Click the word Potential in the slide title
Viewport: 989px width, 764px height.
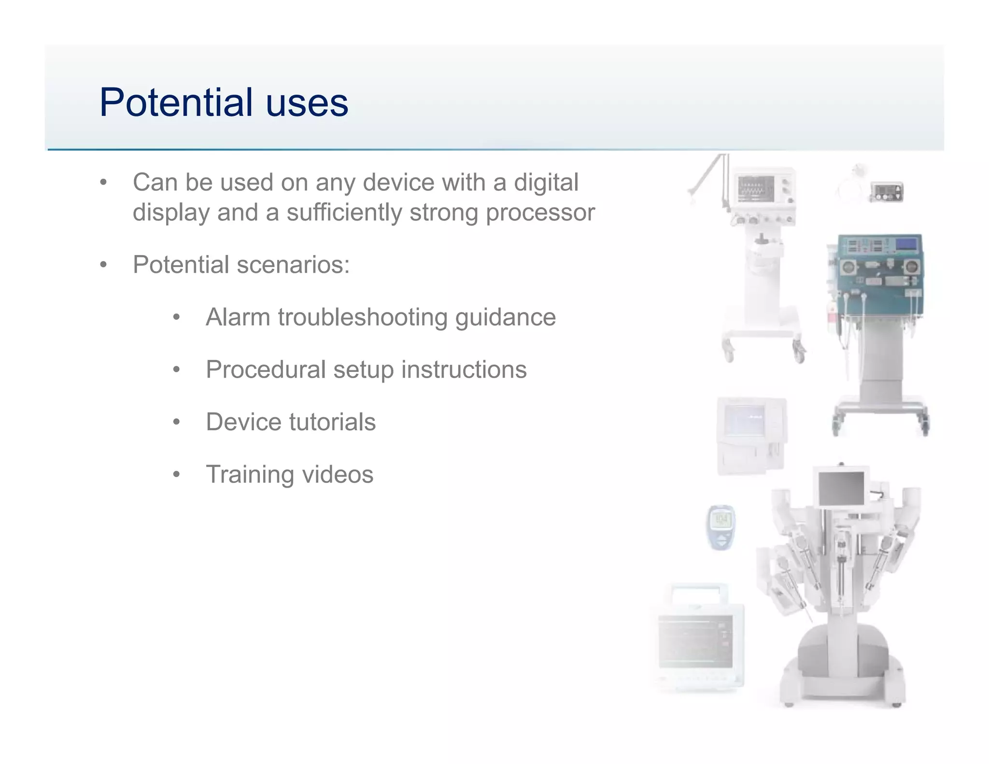(176, 102)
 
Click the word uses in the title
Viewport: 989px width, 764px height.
(307, 103)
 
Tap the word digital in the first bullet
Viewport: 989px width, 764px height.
(546, 183)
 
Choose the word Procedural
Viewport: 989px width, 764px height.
(266, 369)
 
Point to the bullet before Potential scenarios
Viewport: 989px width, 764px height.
(103, 265)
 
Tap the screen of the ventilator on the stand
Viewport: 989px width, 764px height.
(756, 188)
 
